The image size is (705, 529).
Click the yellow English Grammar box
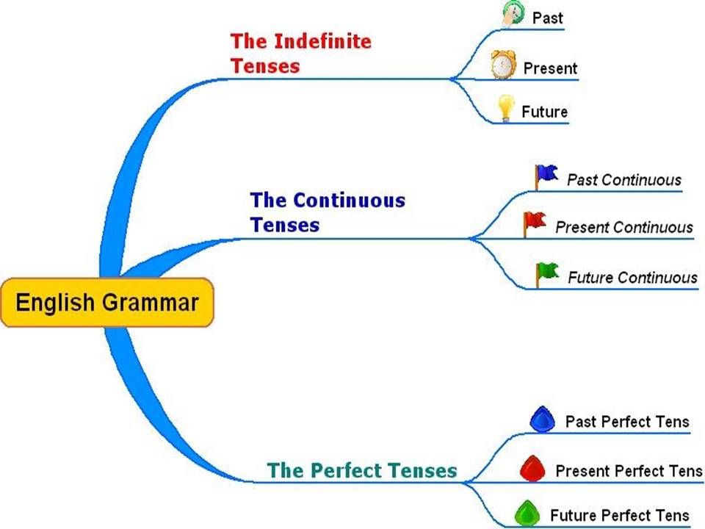coord(107,302)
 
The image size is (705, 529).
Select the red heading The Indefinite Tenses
coord(300,53)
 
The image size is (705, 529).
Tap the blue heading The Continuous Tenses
coord(327,212)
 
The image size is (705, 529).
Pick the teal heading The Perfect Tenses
coord(362,469)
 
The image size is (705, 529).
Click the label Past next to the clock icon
coord(547,18)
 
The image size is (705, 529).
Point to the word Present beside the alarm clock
coord(550,68)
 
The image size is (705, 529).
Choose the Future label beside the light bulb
coord(544,112)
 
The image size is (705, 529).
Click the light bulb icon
coord(505,108)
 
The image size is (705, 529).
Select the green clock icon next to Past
coord(512,14)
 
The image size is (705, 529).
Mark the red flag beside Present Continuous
coord(534,222)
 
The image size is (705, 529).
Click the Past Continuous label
coord(623,179)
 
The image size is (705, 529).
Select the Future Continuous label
coord(632,278)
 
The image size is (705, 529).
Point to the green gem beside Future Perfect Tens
coord(527,512)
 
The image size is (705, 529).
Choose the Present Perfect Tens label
coord(629,470)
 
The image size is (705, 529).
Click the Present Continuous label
coord(623,227)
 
